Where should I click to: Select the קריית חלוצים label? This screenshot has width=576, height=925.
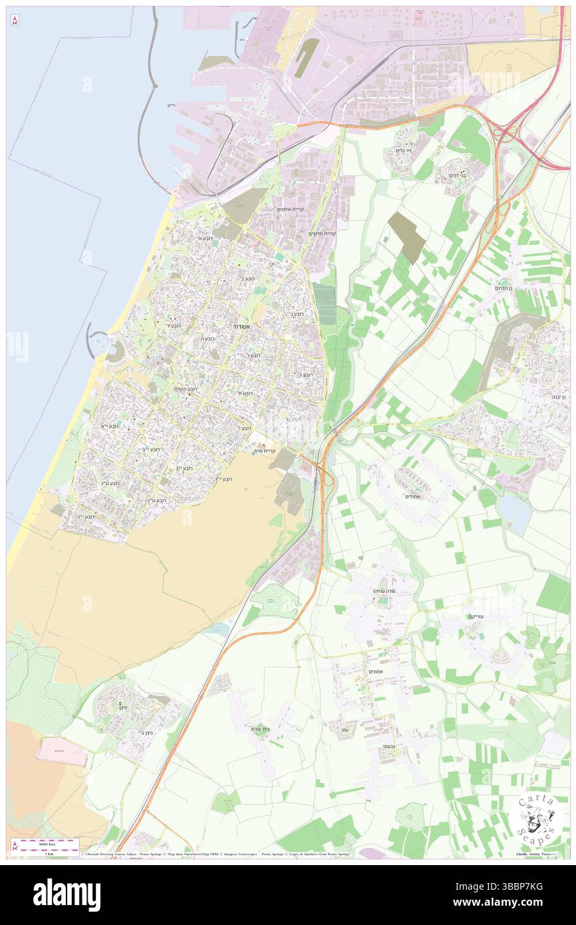(322, 234)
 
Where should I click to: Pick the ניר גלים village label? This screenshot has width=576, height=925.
(404, 151)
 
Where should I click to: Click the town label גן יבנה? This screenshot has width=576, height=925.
(559, 397)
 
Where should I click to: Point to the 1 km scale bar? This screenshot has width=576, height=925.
(45, 845)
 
